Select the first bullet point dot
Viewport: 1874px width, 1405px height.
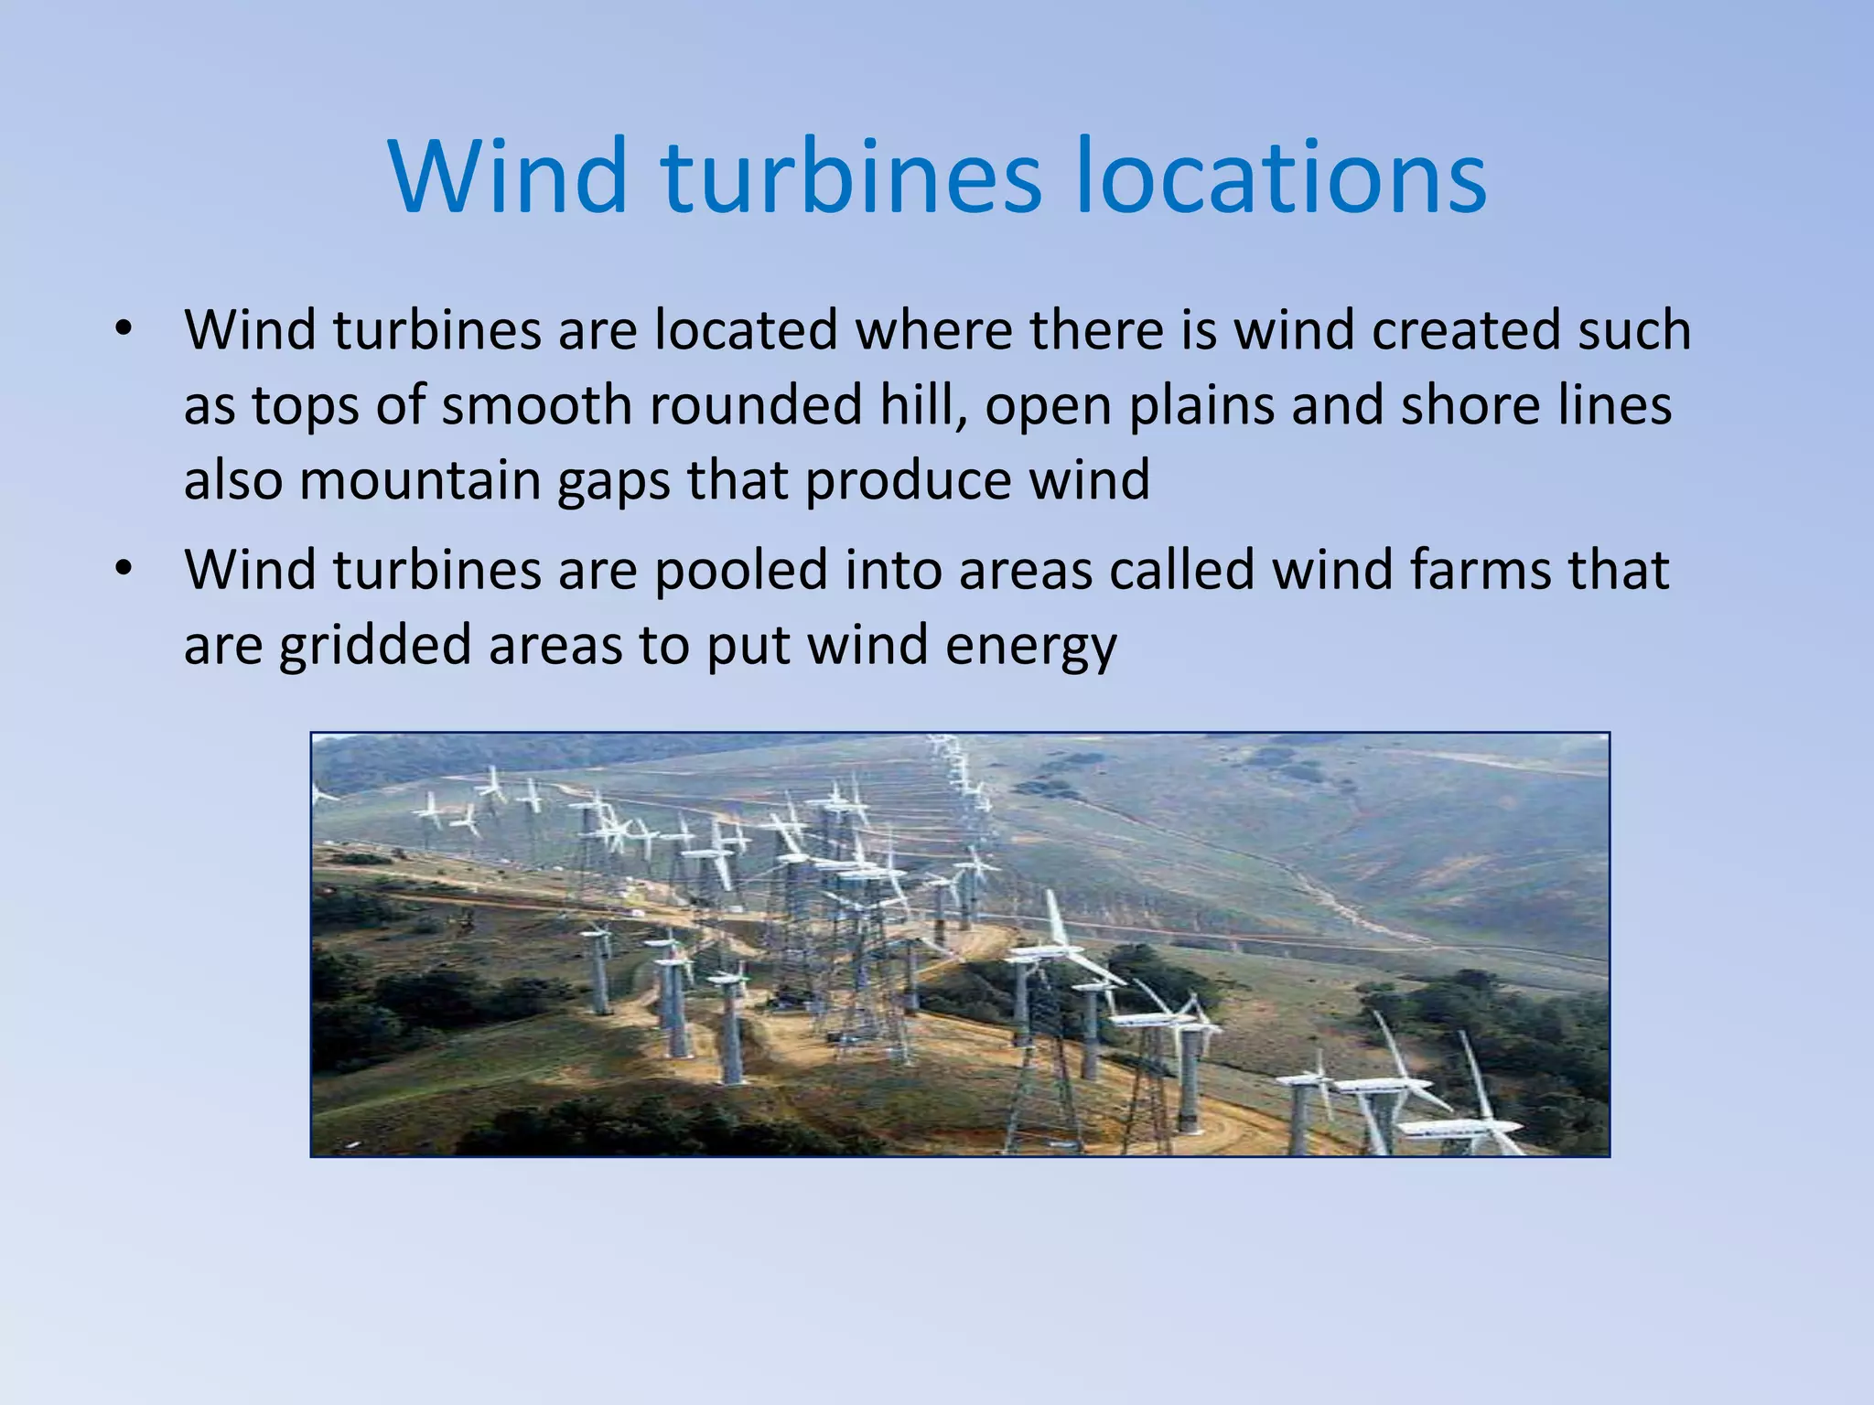point(124,330)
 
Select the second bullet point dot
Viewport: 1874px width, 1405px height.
point(124,570)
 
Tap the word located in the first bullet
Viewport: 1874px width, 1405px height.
point(746,330)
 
